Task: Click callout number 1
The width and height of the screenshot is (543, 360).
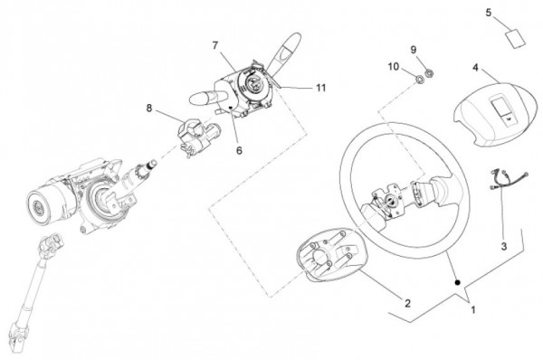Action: pos(472,309)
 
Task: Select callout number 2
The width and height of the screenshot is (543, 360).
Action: pos(407,304)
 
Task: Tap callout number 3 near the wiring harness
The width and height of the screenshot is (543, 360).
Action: pos(504,246)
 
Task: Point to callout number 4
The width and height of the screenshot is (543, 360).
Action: pos(475,67)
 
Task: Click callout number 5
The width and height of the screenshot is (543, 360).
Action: pos(489,13)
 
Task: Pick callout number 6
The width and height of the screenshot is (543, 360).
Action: pos(239,150)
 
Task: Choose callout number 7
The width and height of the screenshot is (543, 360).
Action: pos(215,45)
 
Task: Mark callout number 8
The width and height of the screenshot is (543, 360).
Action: pos(149,108)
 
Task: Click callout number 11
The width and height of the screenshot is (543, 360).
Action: pos(321,88)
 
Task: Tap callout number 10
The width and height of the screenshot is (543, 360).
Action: pos(394,66)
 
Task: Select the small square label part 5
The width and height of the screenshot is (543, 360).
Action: pos(516,38)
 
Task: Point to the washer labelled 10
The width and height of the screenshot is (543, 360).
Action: pos(420,80)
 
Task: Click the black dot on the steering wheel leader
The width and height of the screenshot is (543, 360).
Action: pos(457,282)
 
